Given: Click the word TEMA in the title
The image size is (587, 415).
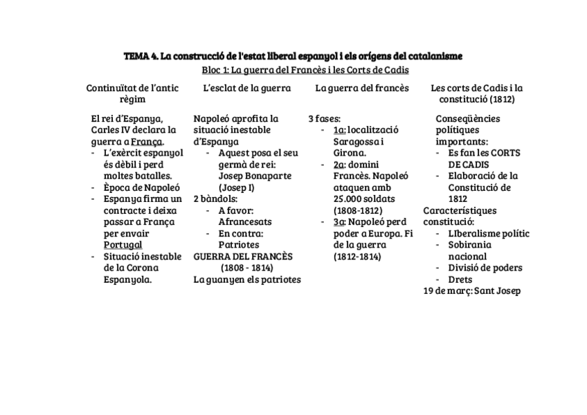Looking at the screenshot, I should (x=135, y=55).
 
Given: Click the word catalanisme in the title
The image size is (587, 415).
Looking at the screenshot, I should (x=431, y=55).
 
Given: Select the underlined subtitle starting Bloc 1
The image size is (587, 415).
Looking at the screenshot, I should (x=300, y=70).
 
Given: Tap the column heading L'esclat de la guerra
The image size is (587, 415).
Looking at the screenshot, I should (x=247, y=88).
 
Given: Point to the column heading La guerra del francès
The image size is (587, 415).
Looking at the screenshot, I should (x=361, y=88).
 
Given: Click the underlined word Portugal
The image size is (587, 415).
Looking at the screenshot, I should (x=123, y=245).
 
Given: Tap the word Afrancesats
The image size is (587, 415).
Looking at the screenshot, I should (x=245, y=222).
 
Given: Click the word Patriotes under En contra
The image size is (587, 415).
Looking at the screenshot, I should (x=239, y=245).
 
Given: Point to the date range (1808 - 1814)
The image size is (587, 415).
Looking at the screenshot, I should (x=246, y=268).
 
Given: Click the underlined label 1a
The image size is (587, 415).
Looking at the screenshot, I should (x=339, y=129).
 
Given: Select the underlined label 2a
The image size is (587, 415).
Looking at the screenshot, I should (x=339, y=164).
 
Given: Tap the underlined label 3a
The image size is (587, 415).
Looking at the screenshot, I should (x=339, y=222).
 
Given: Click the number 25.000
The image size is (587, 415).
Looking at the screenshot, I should (x=350, y=199).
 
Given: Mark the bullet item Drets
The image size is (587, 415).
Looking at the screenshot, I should (x=460, y=279).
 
